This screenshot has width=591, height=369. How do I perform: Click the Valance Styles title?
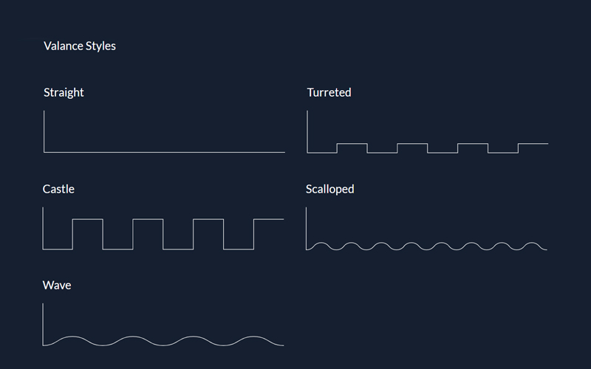tap(80, 46)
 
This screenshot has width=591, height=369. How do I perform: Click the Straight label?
tap(64, 92)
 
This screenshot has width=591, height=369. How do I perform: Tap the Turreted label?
tap(329, 92)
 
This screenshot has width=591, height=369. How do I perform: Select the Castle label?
tap(58, 189)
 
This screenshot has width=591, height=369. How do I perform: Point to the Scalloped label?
tap(329, 189)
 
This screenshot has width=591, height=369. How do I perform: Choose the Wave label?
tap(57, 285)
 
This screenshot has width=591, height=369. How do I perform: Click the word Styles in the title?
tap(100, 46)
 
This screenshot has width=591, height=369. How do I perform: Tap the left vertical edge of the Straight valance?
tap(44, 131)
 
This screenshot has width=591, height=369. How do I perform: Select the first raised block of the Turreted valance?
tap(352, 144)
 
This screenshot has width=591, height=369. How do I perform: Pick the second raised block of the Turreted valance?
tap(412, 144)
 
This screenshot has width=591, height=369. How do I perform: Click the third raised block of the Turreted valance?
tap(473, 144)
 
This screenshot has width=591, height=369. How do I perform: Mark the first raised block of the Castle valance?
tap(88, 220)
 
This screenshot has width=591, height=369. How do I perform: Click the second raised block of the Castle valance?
tap(148, 220)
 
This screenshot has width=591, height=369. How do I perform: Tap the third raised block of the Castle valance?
tap(208, 220)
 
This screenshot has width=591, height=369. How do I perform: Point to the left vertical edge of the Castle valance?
tap(43, 229)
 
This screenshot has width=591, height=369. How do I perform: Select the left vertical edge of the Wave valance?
tap(43, 324)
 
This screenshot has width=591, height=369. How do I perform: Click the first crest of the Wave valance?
tap(73, 337)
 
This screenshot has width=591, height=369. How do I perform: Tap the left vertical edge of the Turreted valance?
tap(307, 131)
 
